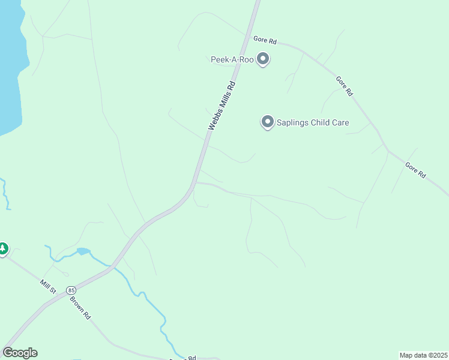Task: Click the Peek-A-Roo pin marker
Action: pyautogui.click(x=263, y=59)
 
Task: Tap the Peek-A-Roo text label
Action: pyautogui.click(x=232, y=59)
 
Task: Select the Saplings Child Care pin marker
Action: pyautogui.click(x=267, y=122)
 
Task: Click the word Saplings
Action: pyautogui.click(x=292, y=123)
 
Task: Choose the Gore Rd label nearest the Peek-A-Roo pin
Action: pyautogui.click(x=265, y=40)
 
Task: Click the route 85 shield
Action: pyautogui.click(x=71, y=289)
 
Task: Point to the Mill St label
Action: pyautogui.click(x=48, y=286)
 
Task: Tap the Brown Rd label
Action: pyautogui.click(x=79, y=307)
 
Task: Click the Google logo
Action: pyautogui.click(x=20, y=353)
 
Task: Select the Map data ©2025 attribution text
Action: pyautogui.click(x=423, y=355)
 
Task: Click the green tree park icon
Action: pyautogui.click(x=3, y=248)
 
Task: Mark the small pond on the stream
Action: pyautogui.click(x=83, y=251)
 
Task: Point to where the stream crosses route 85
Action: pyautogui.click(x=112, y=265)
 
